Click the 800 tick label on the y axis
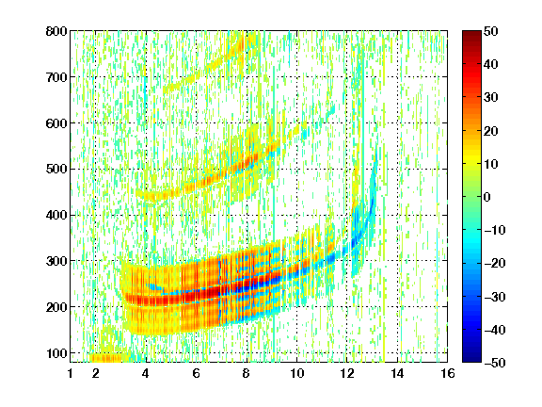coord(56,31)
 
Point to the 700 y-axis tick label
coord(56,77)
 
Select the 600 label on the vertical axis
coord(56,123)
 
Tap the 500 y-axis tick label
coord(56,170)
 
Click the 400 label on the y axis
coord(56,215)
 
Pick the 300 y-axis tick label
coord(56,261)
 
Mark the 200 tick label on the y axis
coord(56,307)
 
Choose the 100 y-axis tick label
coord(56,353)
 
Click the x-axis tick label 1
coord(71,373)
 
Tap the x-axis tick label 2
coord(96,373)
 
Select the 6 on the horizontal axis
coord(197,373)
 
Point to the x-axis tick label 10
coord(296,373)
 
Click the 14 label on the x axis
coord(397,373)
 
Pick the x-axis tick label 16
coord(448,373)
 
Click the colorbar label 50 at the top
coord(491,31)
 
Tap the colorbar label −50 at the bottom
coord(495,363)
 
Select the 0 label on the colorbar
coord(487,197)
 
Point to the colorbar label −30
coord(495,297)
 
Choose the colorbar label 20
coord(491,131)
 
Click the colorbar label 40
coord(491,64)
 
